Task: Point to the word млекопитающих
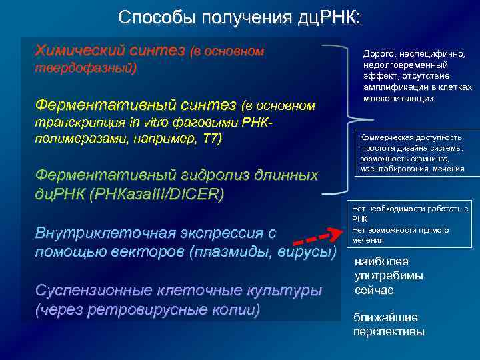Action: pyautogui.click(x=399, y=98)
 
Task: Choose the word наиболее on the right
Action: pyautogui.click(x=381, y=262)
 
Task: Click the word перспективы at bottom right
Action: pyautogui.click(x=388, y=331)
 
